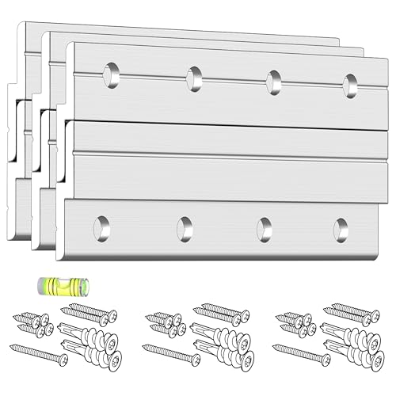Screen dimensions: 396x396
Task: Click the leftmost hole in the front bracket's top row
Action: tap(112, 74)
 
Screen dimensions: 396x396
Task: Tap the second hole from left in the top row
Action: tap(193, 77)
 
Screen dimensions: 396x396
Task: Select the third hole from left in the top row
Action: tap(274, 81)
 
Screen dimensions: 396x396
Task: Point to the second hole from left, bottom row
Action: tap(185, 227)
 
